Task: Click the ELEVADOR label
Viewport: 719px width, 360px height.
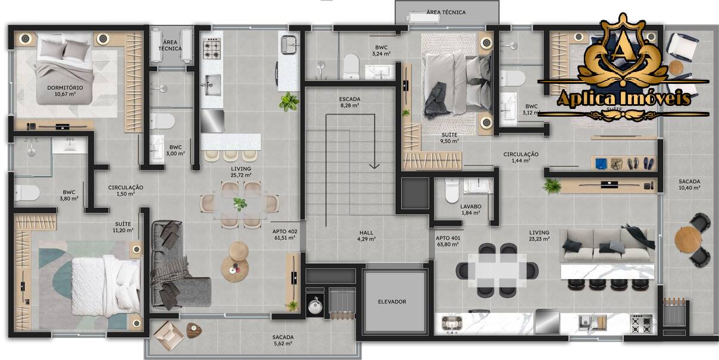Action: pyautogui.click(x=392, y=302)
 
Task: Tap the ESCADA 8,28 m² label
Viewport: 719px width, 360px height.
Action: pyautogui.click(x=349, y=102)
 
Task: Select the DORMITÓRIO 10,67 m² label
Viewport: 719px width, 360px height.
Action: pyautogui.click(x=65, y=90)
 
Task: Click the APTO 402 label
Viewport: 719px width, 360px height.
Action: pyautogui.click(x=285, y=234)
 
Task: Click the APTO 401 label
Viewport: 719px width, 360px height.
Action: pyautogui.click(x=448, y=241)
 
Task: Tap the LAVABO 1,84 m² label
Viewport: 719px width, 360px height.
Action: pyautogui.click(x=470, y=209)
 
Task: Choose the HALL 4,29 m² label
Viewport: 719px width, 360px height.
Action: pyautogui.click(x=366, y=236)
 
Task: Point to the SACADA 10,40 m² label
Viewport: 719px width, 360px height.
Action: pyautogui.click(x=689, y=184)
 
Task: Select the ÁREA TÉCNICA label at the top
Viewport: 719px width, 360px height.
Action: pyautogui.click(x=446, y=12)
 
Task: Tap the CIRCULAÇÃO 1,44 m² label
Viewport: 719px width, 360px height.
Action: pyautogui.click(x=520, y=157)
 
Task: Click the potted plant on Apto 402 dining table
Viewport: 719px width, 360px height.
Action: pyautogui.click(x=240, y=204)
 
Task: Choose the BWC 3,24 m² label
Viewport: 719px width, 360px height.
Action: pyautogui.click(x=381, y=50)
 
